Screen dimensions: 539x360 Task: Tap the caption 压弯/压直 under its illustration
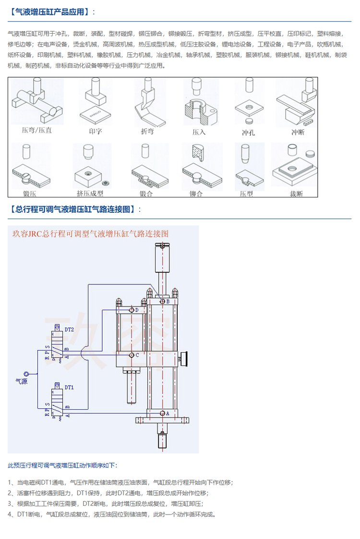37,131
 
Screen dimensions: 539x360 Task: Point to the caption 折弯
147,131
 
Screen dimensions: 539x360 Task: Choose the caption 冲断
297,132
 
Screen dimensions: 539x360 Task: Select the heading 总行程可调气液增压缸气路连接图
75,209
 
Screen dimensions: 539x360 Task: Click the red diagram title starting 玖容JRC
90,234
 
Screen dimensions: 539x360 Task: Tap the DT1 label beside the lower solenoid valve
69,387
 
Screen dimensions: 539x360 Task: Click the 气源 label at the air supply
23,382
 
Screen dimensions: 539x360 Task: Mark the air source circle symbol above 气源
27,373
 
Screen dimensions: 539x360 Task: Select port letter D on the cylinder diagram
137,310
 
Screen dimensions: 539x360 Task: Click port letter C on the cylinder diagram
137,355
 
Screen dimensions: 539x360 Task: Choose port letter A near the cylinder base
168,413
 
